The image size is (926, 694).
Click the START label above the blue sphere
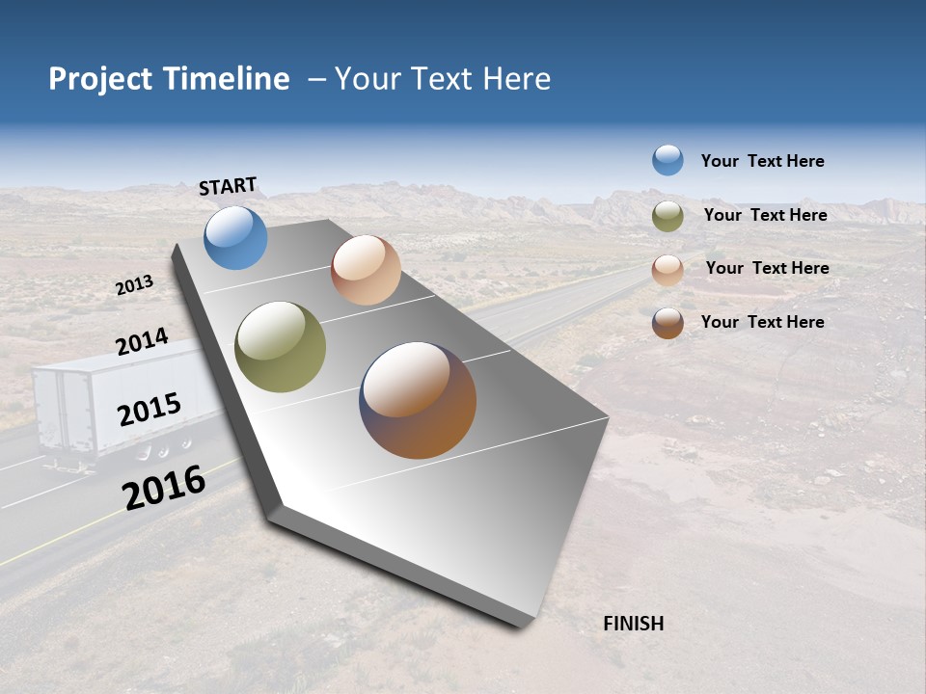(x=228, y=186)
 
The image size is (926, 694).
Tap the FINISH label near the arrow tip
(x=633, y=624)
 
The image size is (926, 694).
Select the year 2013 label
(x=134, y=285)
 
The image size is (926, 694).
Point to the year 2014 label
(x=142, y=342)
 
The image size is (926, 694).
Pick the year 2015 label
(x=149, y=410)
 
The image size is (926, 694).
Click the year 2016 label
(x=164, y=487)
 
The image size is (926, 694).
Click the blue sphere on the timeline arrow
(x=235, y=237)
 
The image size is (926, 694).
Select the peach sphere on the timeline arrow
(x=366, y=270)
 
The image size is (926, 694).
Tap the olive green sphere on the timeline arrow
(x=280, y=347)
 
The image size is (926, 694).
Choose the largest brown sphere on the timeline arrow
(x=418, y=400)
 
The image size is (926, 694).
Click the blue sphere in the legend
(x=667, y=160)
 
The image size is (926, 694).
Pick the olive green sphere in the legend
(x=667, y=216)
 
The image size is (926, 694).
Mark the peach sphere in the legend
(x=667, y=270)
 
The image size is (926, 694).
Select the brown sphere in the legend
(x=667, y=323)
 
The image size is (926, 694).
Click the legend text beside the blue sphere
(x=762, y=161)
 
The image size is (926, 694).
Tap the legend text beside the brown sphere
(x=762, y=322)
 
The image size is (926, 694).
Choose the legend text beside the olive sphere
(x=765, y=215)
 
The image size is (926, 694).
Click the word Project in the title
(x=101, y=79)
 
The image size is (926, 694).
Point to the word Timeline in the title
(x=226, y=79)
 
